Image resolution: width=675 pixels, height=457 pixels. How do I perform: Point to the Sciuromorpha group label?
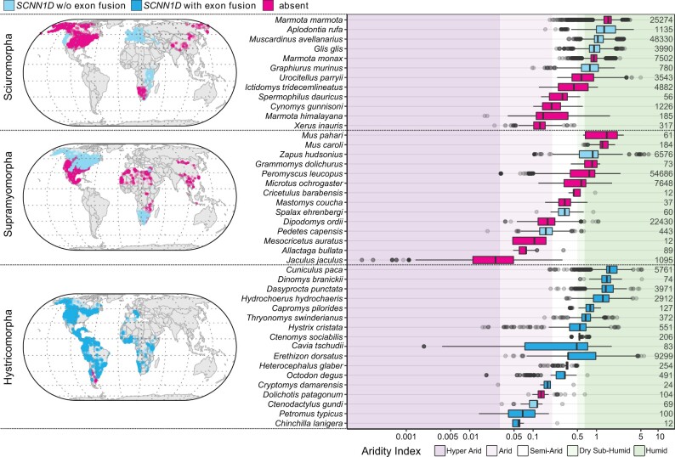click(x=10, y=71)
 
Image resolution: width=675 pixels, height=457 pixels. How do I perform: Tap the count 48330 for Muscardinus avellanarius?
click(x=653, y=38)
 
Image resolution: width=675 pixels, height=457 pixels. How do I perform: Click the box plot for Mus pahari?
click(x=601, y=134)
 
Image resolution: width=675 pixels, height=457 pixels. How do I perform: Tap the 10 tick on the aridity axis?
click(x=660, y=436)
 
